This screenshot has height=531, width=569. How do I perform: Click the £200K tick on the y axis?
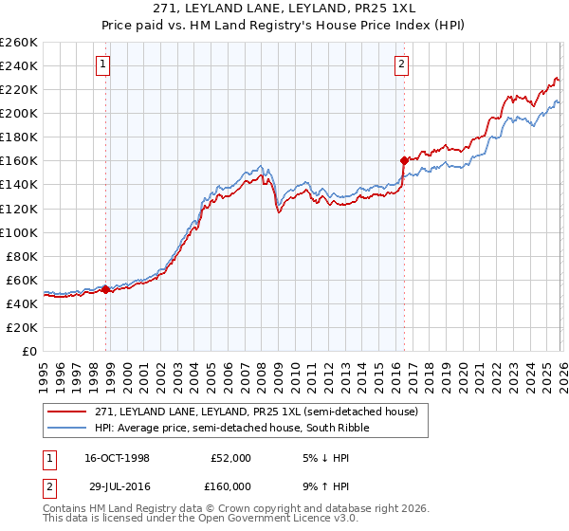(x=19, y=113)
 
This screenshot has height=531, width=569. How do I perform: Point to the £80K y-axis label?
(x=22, y=256)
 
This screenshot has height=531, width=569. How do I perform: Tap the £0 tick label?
(x=29, y=351)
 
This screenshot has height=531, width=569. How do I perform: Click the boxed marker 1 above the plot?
(x=102, y=64)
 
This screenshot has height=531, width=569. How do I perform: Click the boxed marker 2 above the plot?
(x=402, y=64)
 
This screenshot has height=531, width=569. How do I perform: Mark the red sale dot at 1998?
(x=106, y=289)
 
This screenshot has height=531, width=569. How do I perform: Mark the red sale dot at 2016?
(x=404, y=160)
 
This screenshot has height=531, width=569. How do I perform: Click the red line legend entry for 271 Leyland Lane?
(x=254, y=412)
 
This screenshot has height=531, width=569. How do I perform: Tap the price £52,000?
(x=230, y=458)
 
